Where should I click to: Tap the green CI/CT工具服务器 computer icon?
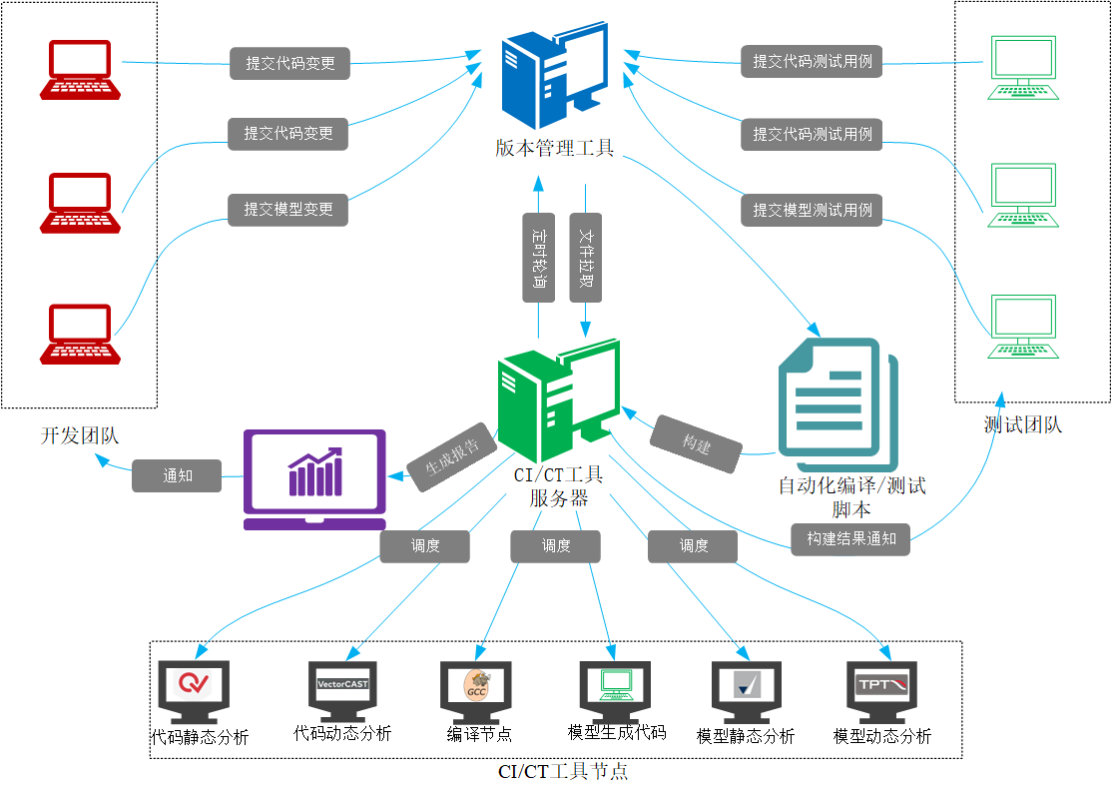click(557, 399)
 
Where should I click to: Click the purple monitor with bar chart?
click(314, 479)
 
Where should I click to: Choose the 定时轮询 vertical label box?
click(539, 256)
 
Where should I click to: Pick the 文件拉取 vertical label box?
click(585, 256)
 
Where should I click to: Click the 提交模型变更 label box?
click(288, 210)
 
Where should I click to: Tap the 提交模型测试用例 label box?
click(812, 210)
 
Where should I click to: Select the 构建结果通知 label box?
click(850, 538)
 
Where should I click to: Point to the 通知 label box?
click(177, 475)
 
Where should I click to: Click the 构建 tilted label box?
click(696, 443)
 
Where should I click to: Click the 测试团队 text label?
click(1022, 425)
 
